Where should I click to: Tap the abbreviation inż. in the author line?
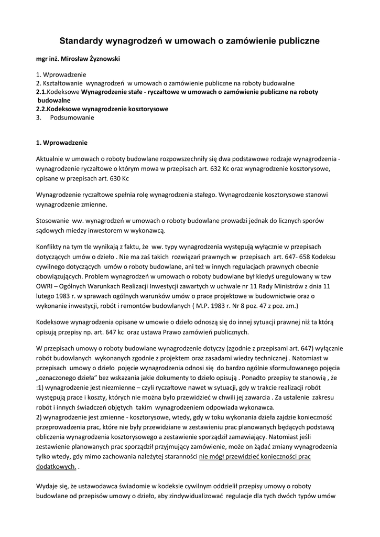point(56,59)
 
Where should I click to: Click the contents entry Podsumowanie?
point(72,118)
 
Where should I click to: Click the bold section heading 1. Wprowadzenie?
point(58,142)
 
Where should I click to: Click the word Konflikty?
point(50,246)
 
